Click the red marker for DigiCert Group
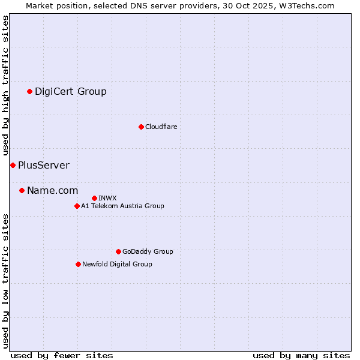coord(29,92)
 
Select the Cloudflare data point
coord(141,127)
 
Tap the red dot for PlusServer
coord(13,165)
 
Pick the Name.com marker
coord(22,191)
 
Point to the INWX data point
coord(94,198)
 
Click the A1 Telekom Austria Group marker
coord(77,206)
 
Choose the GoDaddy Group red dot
coord(118,251)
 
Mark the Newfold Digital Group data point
coord(78,264)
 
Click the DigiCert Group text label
coord(71,92)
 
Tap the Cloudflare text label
coord(161,127)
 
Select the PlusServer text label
coord(44,166)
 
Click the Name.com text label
coord(53,191)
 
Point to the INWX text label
coord(107,198)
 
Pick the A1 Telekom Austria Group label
coord(122,206)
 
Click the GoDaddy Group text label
coord(148,251)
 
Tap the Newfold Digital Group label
coord(117,264)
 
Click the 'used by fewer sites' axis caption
coord(62,355)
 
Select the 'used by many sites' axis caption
coord(301,355)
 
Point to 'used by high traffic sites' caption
coord(6,86)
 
